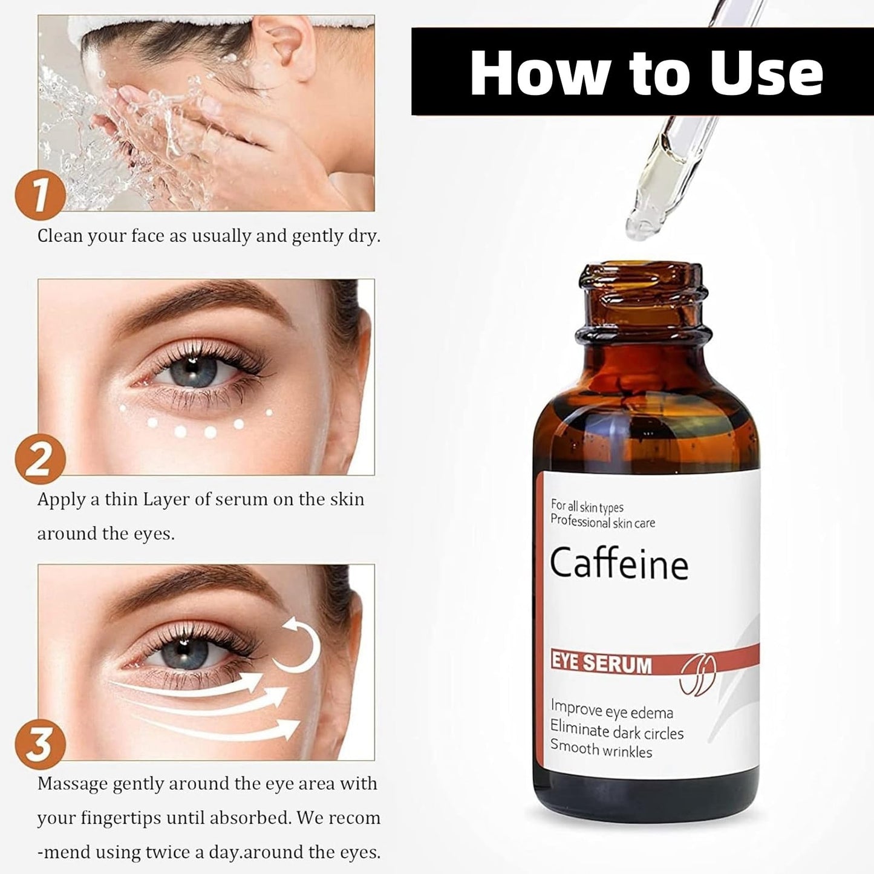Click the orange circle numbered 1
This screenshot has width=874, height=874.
tap(41, 195)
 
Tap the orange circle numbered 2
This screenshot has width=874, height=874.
tap(41, 459)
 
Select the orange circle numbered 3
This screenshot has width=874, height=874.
tap(41, 745)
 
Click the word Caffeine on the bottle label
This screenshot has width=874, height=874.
tap(619, 563)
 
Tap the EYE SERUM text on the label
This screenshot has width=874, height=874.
tap(601, 664)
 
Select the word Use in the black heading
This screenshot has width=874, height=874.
tap(766, 73)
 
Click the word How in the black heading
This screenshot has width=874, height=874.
tap(540, 73)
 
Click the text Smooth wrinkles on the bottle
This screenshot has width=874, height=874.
tap(601, 749)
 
